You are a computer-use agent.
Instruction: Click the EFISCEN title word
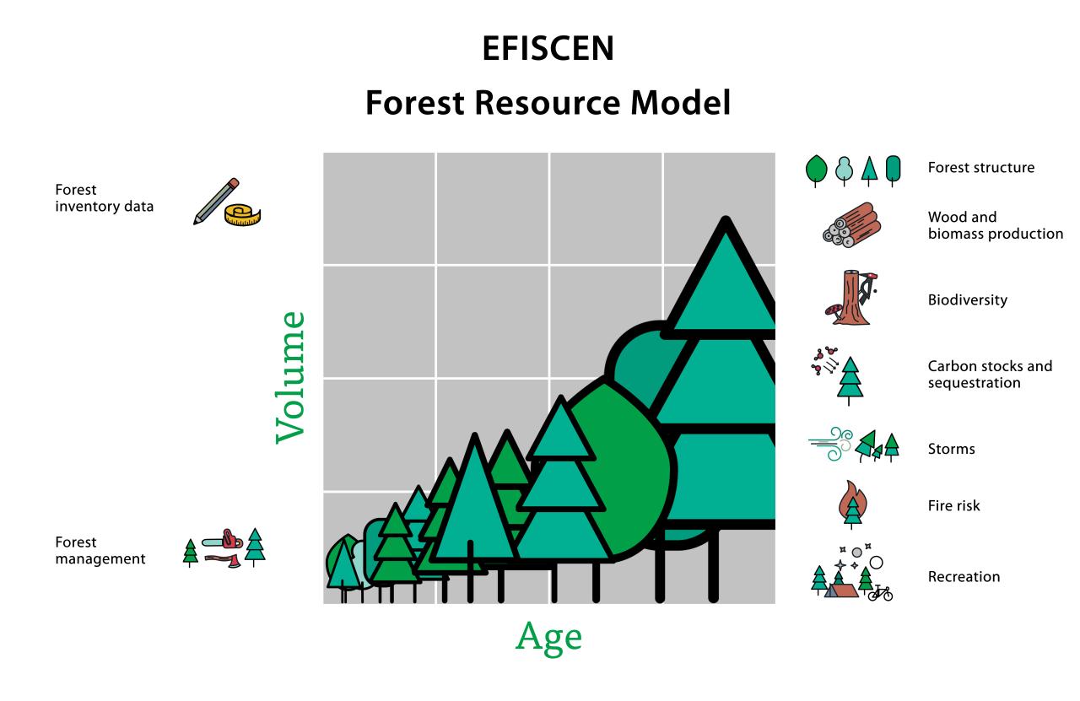coord(548,48)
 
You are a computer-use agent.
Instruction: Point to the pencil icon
coord(216,201)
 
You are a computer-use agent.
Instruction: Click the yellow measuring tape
coord(242,215)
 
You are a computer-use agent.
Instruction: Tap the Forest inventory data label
coord(104,198)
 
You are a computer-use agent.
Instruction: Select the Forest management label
coord(100,550)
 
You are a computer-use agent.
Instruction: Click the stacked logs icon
coord(852,224)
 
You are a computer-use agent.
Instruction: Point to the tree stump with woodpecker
coord(851,298)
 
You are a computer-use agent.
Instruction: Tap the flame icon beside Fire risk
coord(852,504)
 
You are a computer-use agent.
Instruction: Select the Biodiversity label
coord(968,299)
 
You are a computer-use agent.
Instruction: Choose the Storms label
coord(951,449)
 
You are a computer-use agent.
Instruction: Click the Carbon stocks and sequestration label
coord(990,375)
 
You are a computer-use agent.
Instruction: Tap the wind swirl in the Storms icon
coord(831,444)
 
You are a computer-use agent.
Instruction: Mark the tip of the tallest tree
coord(726,218)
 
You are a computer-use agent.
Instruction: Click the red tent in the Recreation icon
coord(841,590)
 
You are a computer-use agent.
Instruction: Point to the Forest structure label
coord(981,168)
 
